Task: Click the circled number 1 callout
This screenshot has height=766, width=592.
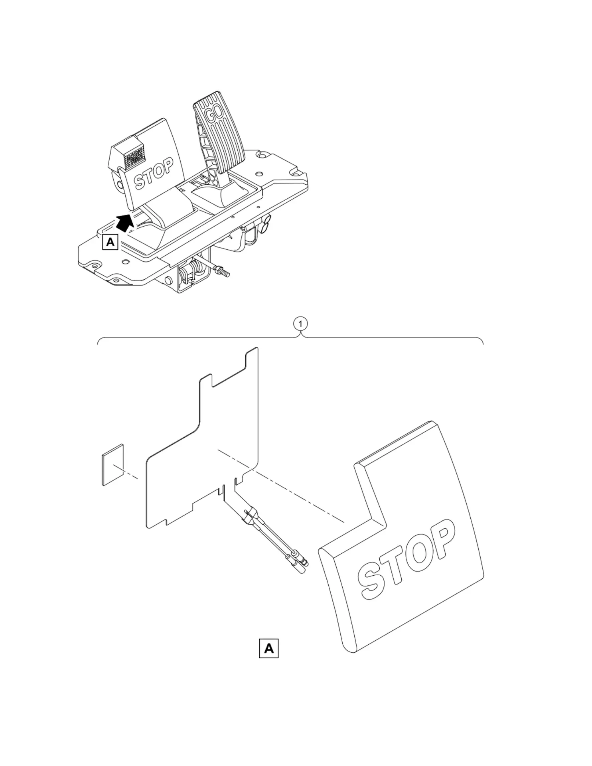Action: tap(300, 324)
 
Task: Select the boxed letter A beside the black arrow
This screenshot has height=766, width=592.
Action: tap(110, 242)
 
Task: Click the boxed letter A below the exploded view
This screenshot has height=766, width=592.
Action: tap(268, 648)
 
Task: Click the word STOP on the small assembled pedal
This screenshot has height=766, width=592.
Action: tap(154, 174)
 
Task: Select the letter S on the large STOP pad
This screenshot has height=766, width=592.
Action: tap(371, 577)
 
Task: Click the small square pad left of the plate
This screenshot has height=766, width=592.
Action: tap(113, 465)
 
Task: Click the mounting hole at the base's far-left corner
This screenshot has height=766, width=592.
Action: tap(95, 265)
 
